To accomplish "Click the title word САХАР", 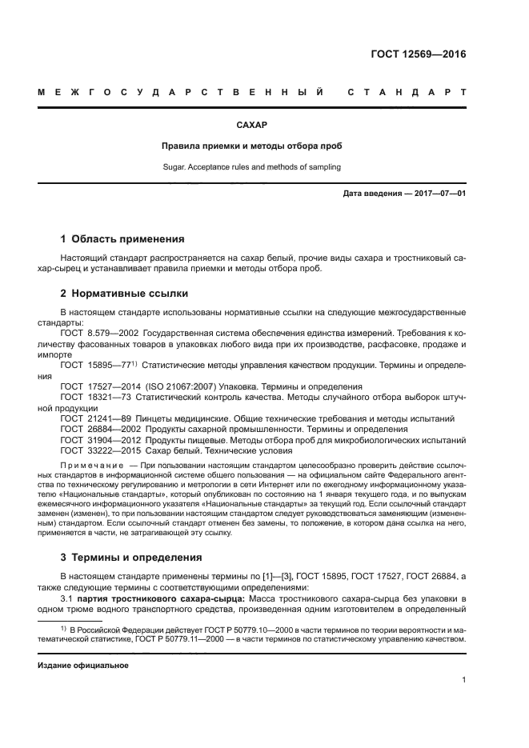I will tap(250, 126).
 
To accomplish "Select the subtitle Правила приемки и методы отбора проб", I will tap(250, 146).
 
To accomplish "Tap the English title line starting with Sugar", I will tap(250, 167).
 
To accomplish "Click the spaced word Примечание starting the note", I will tap(92, 465).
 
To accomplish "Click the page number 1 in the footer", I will tap(463, 680).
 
